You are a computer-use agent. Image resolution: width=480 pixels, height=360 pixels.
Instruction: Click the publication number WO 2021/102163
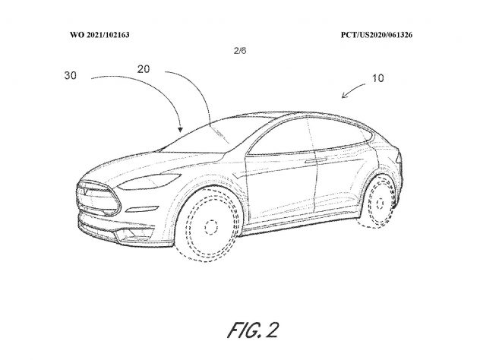(99, 35)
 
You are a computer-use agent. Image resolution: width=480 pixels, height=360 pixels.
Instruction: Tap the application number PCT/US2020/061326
(377, 35)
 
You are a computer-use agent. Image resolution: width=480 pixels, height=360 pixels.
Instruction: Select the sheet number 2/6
(240, 51)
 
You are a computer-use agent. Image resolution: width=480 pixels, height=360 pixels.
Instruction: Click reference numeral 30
(71, 75)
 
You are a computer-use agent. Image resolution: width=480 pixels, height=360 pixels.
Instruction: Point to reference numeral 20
(144, 69)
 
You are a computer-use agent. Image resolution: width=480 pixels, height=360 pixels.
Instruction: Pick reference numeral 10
(377, 78)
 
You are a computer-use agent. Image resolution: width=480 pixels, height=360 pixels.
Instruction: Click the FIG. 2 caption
(253, 330)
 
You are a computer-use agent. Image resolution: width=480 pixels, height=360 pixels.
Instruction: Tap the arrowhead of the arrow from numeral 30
(181, 130)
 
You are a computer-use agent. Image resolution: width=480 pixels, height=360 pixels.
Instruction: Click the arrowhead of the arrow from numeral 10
(344, 96)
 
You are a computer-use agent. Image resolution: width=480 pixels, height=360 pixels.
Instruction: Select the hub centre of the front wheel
(211, 227)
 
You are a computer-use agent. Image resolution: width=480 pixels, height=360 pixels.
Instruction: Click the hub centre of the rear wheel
(380, 204)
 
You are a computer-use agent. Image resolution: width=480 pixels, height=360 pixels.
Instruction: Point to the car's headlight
(149, 182)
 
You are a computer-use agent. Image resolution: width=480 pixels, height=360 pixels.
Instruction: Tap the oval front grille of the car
(98, 198)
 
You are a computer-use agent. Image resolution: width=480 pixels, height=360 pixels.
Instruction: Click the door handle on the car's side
(316, 160)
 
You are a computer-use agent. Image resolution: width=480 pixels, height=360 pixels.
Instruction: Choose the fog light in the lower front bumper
(130, 235)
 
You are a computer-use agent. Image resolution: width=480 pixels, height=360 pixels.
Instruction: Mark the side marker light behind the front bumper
(143, 209)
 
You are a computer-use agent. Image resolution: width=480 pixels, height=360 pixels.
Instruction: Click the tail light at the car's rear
(399, 156)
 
